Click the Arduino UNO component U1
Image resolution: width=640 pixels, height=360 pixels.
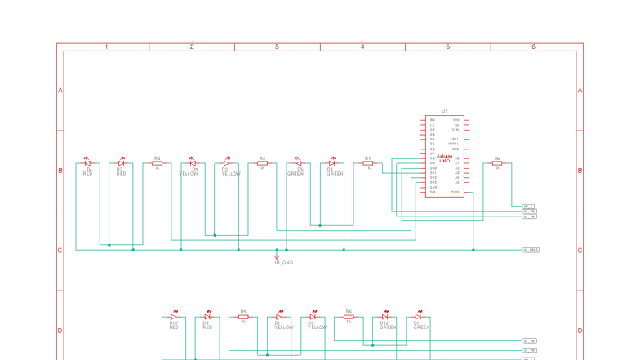[444, 155]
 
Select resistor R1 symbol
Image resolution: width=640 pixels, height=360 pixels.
[368, 163]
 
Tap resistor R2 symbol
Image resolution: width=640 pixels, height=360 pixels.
[263, 163]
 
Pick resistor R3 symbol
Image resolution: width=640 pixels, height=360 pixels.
[157, 163]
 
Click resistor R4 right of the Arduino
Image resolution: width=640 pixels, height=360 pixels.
[497, 163]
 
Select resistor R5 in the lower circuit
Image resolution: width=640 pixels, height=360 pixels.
[243, 317]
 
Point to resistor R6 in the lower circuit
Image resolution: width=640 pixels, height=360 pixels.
[349, 317]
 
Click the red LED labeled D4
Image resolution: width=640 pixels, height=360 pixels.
[87, 163]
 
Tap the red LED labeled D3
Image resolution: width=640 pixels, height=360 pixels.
[121, 163]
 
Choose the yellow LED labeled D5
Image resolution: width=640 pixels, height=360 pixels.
[193, 163]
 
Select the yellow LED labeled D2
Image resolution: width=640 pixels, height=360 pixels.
[226, 163]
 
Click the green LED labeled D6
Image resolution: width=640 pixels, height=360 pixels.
[298, 163]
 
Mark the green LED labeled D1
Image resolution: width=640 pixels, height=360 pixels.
[331, 163]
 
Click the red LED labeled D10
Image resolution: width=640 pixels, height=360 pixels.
[174, 317]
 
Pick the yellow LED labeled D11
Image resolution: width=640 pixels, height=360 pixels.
[279, 317]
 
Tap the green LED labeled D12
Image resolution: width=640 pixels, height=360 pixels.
[384, 317]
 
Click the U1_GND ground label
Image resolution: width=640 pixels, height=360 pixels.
[283, 263]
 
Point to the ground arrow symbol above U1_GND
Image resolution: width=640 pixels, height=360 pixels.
[277, 256]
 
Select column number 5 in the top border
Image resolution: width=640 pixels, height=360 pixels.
[448, 47]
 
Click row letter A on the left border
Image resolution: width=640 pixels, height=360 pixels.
[60, 90]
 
